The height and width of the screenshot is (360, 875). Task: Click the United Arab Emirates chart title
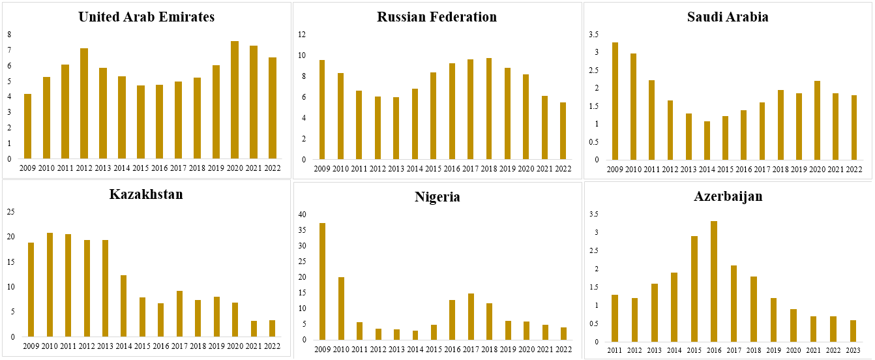(x=146, y=17)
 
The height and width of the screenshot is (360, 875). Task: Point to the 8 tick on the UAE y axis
(x=9, y=35)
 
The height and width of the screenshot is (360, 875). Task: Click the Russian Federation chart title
(x=437, y=17)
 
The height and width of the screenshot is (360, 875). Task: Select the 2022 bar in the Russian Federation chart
(x=563, y=130)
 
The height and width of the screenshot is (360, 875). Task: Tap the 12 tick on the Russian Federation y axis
(x=301, y=35)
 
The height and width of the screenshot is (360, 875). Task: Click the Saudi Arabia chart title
(x=728, y=17)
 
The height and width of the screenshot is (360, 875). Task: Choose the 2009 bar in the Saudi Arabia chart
(x=615, y=101)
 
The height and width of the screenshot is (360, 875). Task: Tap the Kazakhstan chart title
(x=146, y=194)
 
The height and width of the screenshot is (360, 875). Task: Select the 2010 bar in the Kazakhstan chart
(x=50, y=284)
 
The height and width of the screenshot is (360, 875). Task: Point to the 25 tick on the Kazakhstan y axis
(x=10, y=212)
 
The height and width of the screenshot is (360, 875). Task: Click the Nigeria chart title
(x=437, y=197)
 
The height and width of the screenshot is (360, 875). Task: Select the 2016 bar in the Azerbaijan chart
(x=714, y=281)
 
